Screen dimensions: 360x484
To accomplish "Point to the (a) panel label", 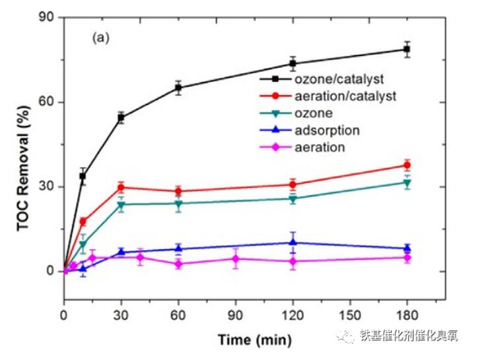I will pyautogui.click(x=101, y=38).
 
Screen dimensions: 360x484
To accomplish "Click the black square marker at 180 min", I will pyautogui.click(x=407, y=50).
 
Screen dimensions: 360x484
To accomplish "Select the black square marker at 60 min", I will pyautogui.click(x=178, y=88).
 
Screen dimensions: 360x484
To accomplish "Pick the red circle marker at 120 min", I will pyautogui.click(x=293, y=185).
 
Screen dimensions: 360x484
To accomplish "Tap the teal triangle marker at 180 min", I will pyautogui.click(x=407, y=183).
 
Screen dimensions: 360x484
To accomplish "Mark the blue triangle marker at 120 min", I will pyautogui.click(x=293, y=242).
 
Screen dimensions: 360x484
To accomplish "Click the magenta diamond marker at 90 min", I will pyautogui.click(x=235, y=259).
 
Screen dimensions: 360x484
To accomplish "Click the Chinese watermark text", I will pyautogui.click(x=408, y=336).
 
